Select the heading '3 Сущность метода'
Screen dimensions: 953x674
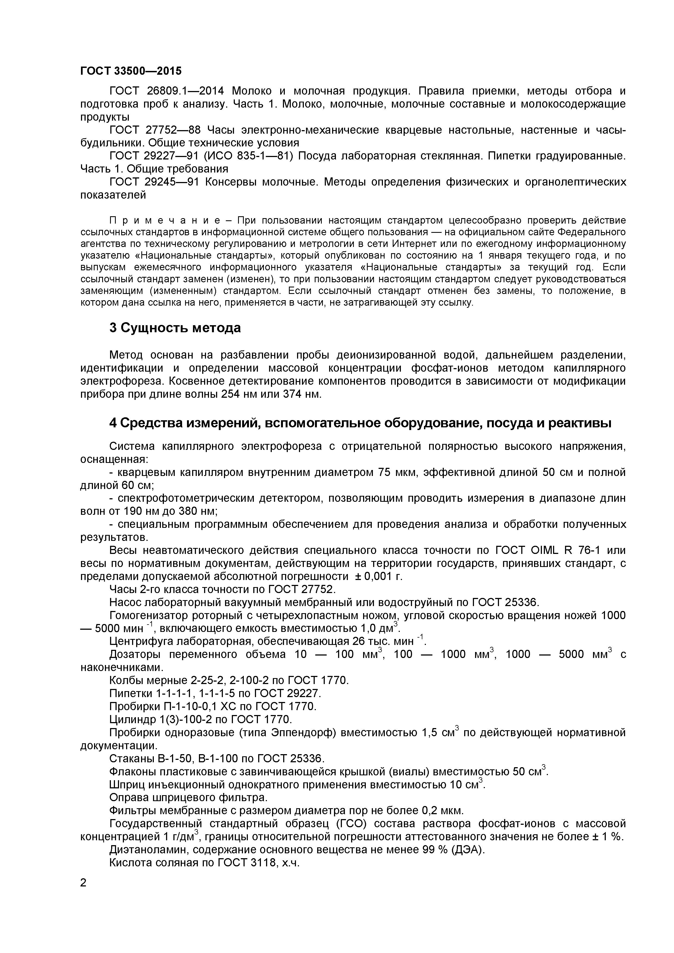tap(175, 328)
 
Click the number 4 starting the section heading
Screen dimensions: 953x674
tap(113, 423)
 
